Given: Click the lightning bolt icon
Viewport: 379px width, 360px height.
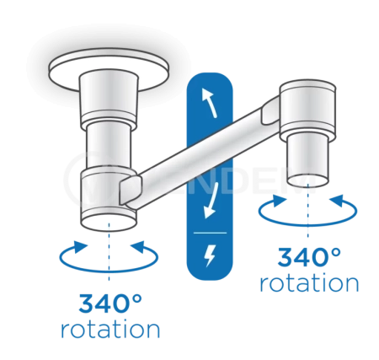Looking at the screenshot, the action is click(x=210, y=255).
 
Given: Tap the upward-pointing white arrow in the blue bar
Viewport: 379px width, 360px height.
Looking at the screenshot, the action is click(x=210, y=103).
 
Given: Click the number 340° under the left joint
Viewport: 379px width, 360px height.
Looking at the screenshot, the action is click(x=110, y=304).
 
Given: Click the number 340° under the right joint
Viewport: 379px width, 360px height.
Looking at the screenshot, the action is click(x=309, y=257).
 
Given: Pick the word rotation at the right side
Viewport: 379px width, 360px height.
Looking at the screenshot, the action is click(x=309, y=283).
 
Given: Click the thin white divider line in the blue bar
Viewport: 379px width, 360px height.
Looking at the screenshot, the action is click(x=210, y=233).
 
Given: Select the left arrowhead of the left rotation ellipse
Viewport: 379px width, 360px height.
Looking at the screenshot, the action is click(x=79, y=247).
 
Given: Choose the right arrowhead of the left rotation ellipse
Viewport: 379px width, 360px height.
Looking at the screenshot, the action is click(x=138, y=247).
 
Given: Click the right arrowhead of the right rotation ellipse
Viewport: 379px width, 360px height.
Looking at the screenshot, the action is click(x=337, y=201).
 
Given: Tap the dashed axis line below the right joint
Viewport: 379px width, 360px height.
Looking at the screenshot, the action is click(x=308, y=210).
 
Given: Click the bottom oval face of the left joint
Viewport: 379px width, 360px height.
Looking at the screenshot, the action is click(x=109, y=223).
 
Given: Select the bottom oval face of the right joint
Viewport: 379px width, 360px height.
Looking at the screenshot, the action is click(x=308, y=181).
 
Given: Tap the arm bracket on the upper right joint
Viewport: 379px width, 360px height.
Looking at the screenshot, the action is click(x=271, y=110).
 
